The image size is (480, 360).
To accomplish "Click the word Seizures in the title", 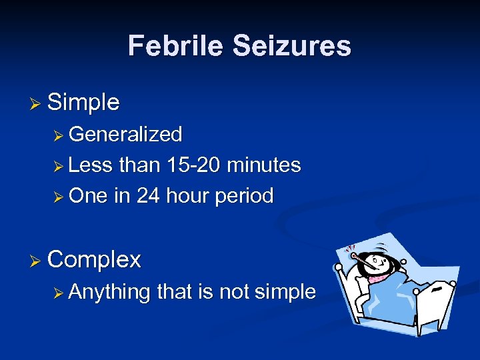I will point(291,46).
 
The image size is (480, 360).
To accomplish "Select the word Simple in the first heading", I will point(84,103).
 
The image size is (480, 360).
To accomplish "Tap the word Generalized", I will point(125,135).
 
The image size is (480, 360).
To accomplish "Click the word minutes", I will point(264,165).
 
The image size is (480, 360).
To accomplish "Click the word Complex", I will point(95,259).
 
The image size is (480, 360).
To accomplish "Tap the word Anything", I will point(109,291).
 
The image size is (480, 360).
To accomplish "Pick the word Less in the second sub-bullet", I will point(90,165).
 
